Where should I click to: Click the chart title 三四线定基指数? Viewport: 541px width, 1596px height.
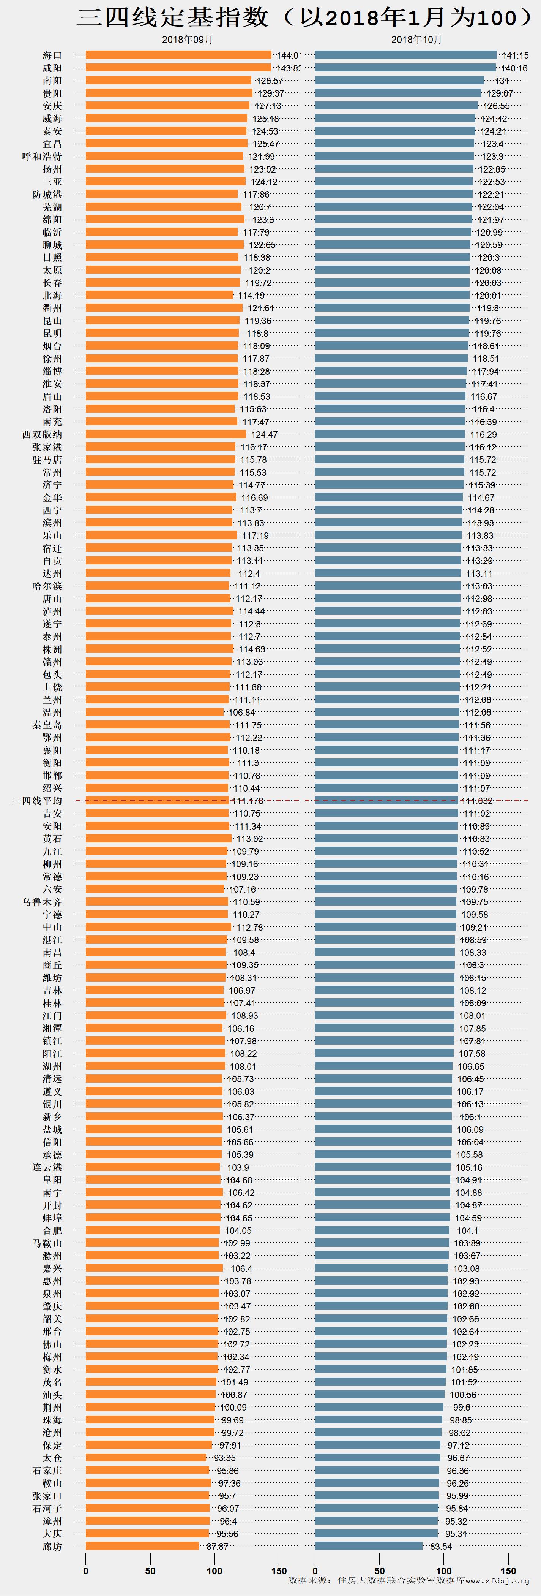coord(173,17)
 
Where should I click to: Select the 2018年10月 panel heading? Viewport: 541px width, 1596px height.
coord(416,40)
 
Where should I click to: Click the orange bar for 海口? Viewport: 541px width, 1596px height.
coord(178,55)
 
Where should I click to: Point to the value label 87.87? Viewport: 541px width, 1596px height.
coord(217,1547)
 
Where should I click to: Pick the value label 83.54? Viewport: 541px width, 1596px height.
coord(441,1547)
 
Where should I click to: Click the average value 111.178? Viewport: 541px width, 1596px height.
coord(248,801)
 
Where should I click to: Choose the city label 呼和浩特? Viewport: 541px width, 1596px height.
coord(42,156)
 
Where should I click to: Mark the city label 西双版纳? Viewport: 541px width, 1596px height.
coord(42,434)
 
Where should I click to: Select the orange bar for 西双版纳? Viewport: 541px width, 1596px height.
coord(166,434)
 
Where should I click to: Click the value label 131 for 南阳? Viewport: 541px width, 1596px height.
coord(502,81)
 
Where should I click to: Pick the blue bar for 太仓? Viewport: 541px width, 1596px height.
coord(378,1457)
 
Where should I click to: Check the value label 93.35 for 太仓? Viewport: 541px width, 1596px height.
coord(225,1458)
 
